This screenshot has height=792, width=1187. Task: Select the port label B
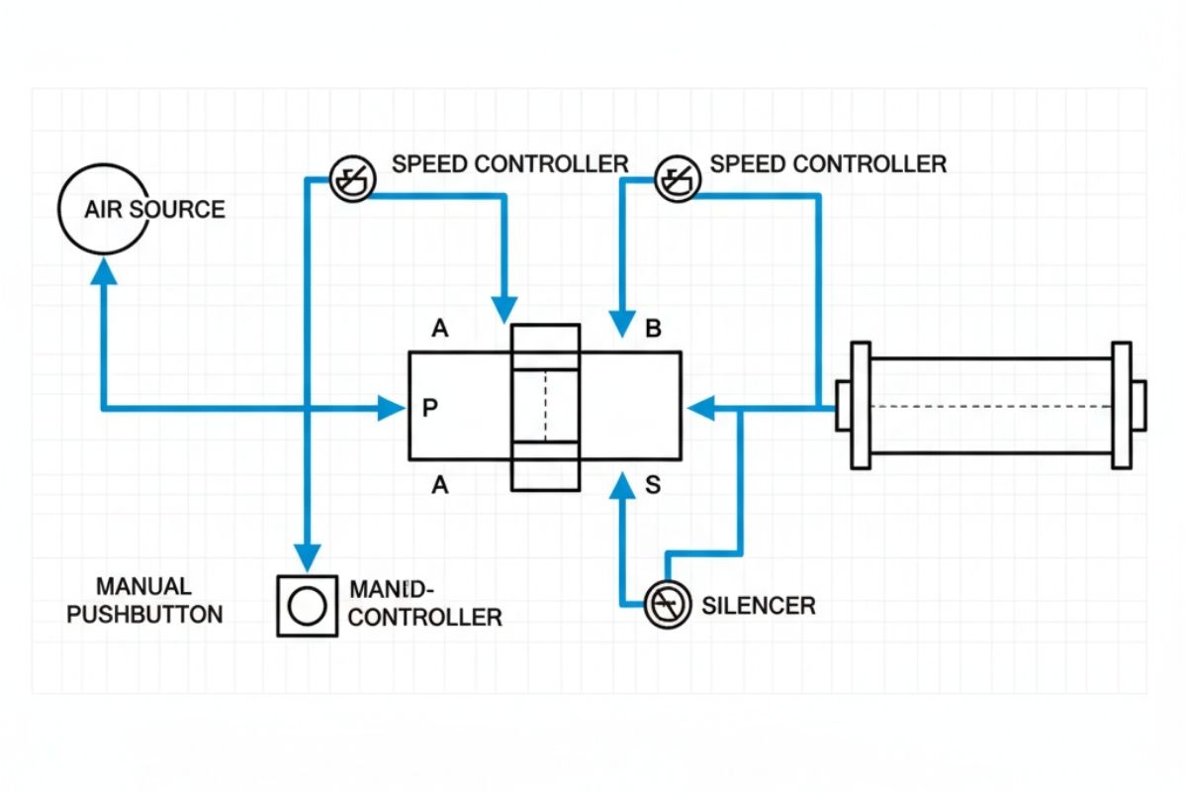pyautogui.click(x=653, y=329)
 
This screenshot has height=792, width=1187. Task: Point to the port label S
pyautogui.click(x=653, y=485)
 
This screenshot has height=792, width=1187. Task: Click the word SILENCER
pyautogui.click(x=759, y=605)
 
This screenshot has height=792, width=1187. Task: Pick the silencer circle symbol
pyautogui.click(x=668, y=604)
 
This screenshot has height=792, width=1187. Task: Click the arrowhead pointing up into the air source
pyautogui.click(x=104, y=269)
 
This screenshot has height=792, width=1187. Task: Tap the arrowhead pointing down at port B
pyautogui.click(x=623, y=323)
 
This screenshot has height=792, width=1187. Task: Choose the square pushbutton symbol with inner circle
pyautogui.click(x=307, y=605)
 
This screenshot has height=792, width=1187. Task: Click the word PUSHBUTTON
pyautogui.click(x=144, y=614)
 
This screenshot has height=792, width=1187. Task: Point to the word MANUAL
pyautogui.click(x=143, y=586)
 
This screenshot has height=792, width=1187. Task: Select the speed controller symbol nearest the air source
pyautogui.click(x=352, y=180)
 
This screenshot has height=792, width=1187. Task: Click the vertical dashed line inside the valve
pyautogui.click(x=545, y=407)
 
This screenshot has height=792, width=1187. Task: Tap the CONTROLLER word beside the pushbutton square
pyautogui.click(x=426, y=617)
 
